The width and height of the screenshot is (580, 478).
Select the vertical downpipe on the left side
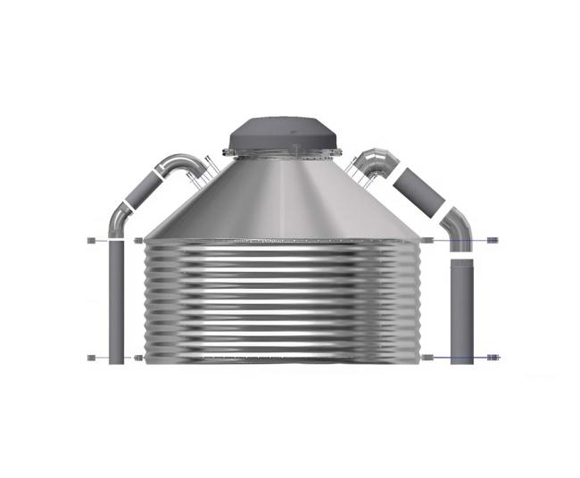point(116,303)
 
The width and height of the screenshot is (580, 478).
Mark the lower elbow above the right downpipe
point(459,226)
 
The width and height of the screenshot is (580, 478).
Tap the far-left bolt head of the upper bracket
point(91,241)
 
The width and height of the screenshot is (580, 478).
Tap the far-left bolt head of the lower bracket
point(91,358)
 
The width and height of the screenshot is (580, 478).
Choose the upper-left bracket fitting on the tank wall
point(137,241)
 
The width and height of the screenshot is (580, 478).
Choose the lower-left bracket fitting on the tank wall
point(137,358)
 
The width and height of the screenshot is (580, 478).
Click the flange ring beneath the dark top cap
point(282,153)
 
